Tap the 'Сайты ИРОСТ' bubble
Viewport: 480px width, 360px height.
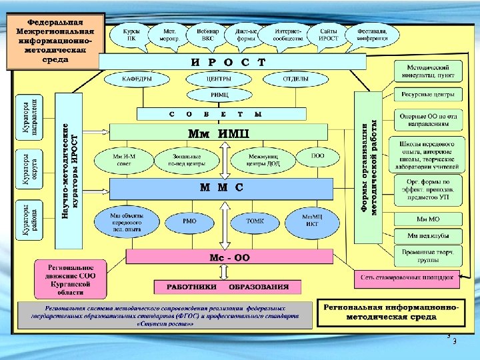[x=329, y=35]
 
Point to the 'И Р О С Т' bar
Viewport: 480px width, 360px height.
[x=233, y=62]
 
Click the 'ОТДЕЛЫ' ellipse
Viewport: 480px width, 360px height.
[x=295, y=79]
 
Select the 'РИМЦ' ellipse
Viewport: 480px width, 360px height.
[x=219, y=95]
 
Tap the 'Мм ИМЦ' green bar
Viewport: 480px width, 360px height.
[x=220, y=132]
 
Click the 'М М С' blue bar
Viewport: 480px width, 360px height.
[x=221, y=188]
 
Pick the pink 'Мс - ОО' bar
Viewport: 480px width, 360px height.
[x=229, y=257]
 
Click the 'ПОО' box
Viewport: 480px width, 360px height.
[x=318, y=157]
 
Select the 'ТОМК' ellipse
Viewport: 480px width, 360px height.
[x=255, y=221]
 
